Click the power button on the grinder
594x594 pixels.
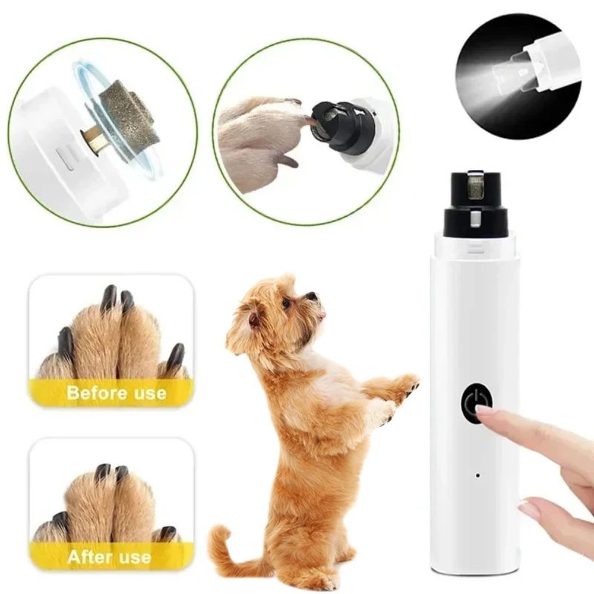pyautogui.click(x=475, y=403)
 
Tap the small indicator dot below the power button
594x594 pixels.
pyautogui.click(x=477, y=475)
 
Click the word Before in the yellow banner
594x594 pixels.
pyautogui.click(x=94, y=393)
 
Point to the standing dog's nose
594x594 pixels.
pyautogui.click(x=312, y=296)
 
